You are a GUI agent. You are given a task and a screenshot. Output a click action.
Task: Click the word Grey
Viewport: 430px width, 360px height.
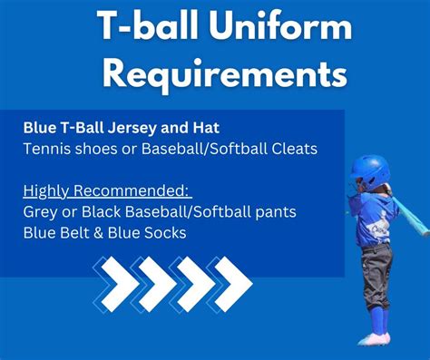pyautogui.click(x=40, y=211)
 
